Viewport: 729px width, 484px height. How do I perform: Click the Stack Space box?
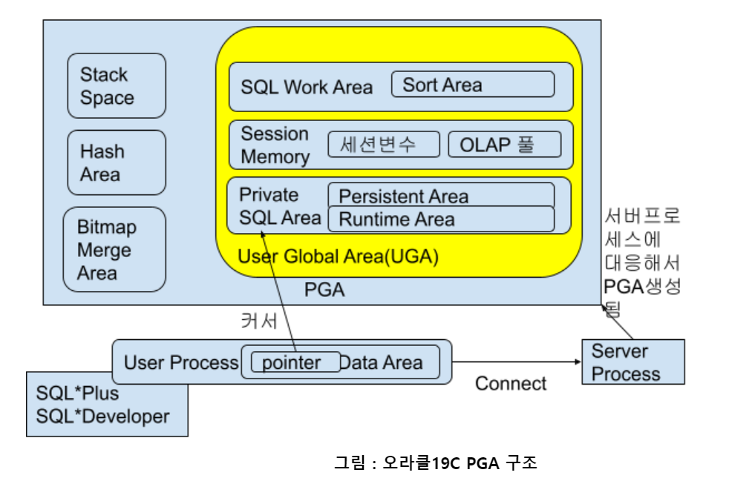117,85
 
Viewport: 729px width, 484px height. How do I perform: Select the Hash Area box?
117,163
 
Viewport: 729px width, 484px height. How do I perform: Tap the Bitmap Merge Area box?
114,249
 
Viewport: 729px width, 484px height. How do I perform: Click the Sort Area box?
473,84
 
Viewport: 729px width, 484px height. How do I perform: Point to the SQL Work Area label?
307,88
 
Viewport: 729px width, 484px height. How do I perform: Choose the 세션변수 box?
384,144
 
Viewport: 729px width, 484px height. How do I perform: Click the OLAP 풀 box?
505,145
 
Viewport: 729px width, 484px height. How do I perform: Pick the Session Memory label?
275,145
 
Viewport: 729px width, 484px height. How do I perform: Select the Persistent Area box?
441,194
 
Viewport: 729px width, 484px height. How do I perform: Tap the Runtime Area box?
441,219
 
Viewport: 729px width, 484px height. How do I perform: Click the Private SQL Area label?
280,206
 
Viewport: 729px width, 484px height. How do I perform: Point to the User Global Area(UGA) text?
338,257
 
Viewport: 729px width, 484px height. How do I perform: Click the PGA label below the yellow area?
324,290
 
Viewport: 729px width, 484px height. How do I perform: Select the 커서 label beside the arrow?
259,321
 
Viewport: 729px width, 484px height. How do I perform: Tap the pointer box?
295,362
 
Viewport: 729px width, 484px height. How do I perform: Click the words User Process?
181,363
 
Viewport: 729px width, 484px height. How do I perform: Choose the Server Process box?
633,362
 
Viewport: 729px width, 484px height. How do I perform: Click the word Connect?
511,384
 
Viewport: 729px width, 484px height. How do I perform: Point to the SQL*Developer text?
102,416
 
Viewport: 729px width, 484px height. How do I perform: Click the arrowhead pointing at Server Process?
578,362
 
